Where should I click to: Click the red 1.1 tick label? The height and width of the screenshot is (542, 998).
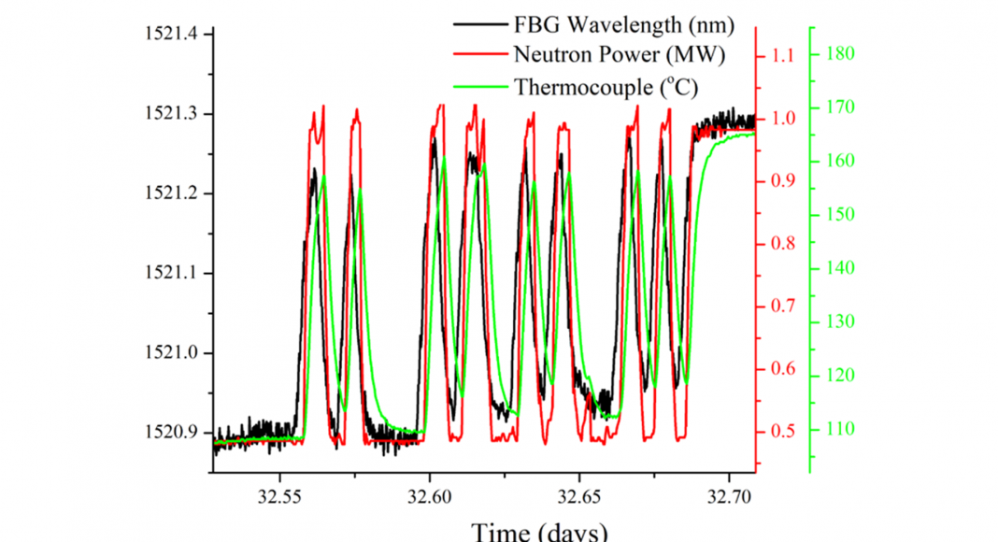pos(779,56)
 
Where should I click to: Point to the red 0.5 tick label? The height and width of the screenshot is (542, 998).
pos(779,432)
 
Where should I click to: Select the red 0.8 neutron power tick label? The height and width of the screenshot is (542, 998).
pos(779,244)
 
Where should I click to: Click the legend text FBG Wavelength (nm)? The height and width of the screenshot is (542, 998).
pos(620,23)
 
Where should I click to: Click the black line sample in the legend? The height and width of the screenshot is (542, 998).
pos(479,23)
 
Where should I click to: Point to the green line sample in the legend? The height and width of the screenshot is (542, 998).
pos(479,88)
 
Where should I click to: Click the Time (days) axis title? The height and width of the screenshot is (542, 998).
pos(540,531)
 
